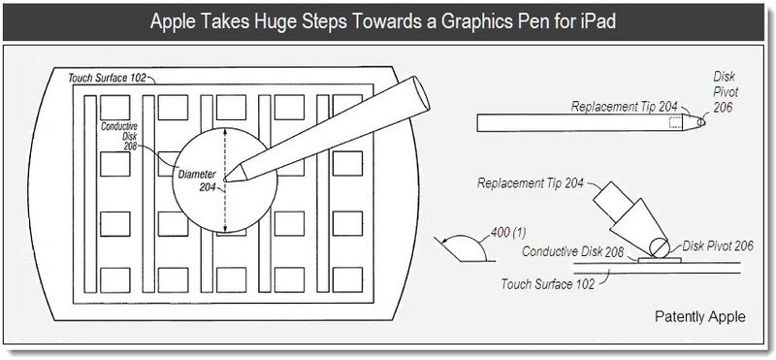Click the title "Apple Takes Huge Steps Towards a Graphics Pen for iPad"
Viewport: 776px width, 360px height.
pyautogui.click(x=382, y=21)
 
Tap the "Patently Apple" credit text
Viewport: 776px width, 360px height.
pyautogui.click(x=699, y=316)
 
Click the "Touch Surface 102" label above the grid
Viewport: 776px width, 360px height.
pyautogui.click(x=109, y=79)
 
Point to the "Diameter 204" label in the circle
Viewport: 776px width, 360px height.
pyautogui.click(x=197, y=180)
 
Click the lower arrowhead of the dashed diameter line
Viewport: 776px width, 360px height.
pyautogui.click(x=226, y=227)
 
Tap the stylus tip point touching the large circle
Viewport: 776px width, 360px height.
pyautogui.click(x=225, y=179)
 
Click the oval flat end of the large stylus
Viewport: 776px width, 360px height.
pyautogui.click(x=421, y=93)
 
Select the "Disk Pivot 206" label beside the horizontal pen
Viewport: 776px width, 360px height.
pyautogui.click(x=726, y=91)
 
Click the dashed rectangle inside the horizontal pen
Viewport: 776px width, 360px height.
pyautogui.click(x=675, y=123)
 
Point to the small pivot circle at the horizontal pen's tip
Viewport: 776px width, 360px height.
pyautogui.click(x=701, y=122)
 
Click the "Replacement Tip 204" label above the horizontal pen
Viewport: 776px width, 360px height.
pyautogui.click(x=624, y=107)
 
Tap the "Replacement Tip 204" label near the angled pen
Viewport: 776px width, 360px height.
pyautogui.click(x=531, y=183)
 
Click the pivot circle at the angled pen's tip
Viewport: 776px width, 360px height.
pyautogui.click(x=660, y=247)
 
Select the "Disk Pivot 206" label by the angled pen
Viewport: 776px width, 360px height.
pyautogui.click(x=718, y=245)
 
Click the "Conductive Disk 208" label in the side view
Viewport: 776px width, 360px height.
pyautogui.click(x=573, y=251)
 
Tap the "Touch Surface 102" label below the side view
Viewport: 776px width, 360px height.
pyautogui.click(x=547, y=284)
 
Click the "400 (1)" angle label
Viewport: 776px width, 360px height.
pyautogui.click(x=507, y=232)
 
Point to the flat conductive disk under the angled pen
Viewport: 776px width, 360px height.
pyautogui.click(x=660, y=259)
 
